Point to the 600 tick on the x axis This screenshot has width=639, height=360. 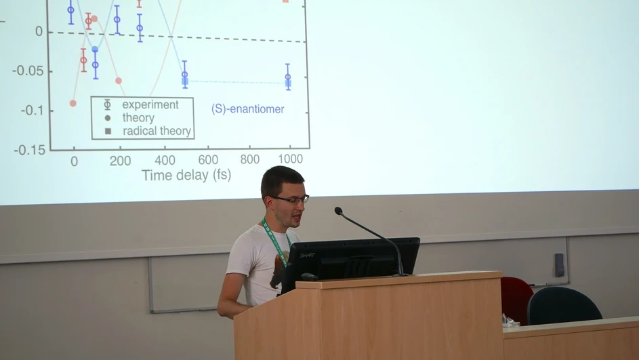(208, 160)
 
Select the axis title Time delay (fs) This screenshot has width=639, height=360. (186, 176)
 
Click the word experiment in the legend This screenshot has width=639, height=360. (150, 105)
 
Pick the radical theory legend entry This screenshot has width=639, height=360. (156, 131)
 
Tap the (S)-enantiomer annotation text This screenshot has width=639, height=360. (247, 109)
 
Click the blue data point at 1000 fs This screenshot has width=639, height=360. (288, 77)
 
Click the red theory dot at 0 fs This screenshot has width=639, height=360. (73, 103)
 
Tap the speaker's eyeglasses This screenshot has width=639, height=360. (292, 199)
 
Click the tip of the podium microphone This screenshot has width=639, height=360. (338, 211)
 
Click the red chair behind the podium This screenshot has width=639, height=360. (516, 298)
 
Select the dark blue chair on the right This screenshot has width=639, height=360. (564, 306)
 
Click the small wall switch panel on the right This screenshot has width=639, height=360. (559, 264)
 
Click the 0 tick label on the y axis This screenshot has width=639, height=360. (39, 31)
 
